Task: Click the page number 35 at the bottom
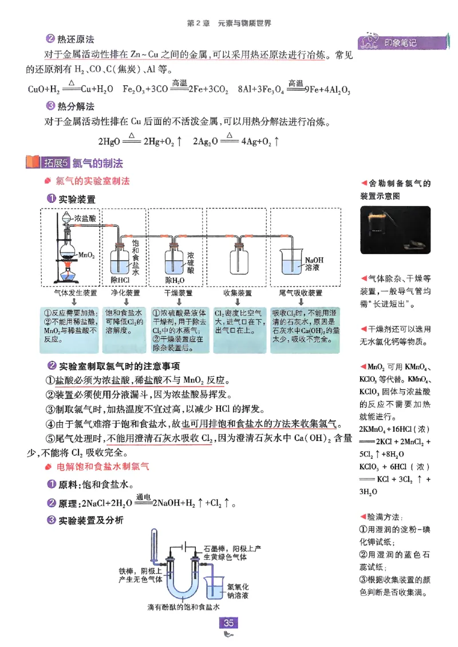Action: tap(229, 623)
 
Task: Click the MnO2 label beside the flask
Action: tap(85, 254)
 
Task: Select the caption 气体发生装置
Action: tap(75, 293)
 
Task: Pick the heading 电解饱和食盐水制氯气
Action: tap(103, 467)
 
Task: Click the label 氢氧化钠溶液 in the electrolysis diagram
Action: tap(238, 591)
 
